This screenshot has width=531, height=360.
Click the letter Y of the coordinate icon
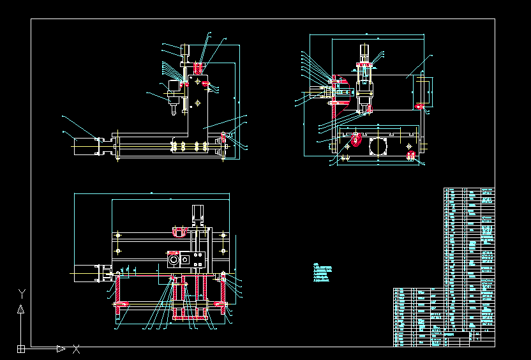[x=21, y=293]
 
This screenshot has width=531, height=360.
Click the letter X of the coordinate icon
[x=76, y=349]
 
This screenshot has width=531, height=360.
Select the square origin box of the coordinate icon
[x=21, y=349]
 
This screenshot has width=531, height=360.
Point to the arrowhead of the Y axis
[x=21, y=309]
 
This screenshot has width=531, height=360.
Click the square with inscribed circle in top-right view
[x=378, y=147]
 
